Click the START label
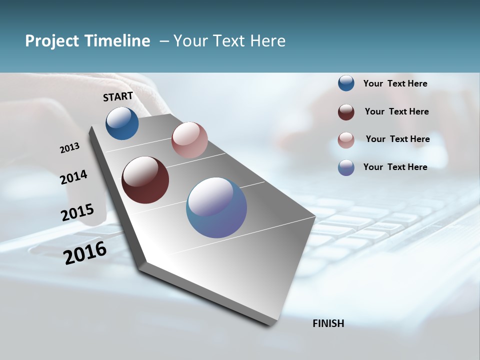(118, 96)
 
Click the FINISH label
(328, 323)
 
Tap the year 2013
(70, 148)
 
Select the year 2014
(74, 177)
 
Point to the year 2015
(77, 212)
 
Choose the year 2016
(85, 252)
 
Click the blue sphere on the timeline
(122, 123)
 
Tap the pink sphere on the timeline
(189, 140)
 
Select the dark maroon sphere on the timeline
(145, 180)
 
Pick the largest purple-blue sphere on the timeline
(216, 207)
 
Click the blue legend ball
(346, 83)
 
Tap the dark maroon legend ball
(346, 112)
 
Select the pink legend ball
(346, 140)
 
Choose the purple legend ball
(346, 167)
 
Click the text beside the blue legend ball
(395, 83)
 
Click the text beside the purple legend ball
(395, 167)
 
